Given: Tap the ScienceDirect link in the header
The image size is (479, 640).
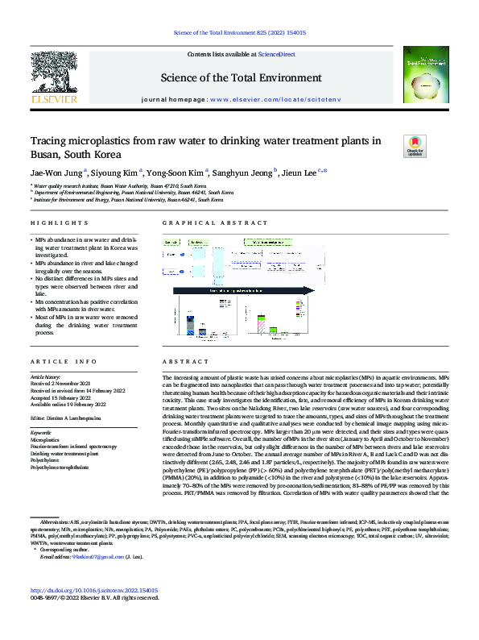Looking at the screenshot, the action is click(276, 54).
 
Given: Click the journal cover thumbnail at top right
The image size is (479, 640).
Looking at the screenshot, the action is click(423, 77).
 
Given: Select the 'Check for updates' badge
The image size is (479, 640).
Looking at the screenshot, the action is click(415, 146).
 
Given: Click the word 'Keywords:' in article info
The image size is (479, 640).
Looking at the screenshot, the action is click(40, 433).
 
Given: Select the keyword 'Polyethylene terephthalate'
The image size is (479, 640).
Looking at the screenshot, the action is click(65, 467).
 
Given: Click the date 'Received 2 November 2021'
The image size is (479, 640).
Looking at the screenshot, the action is click(62, 384).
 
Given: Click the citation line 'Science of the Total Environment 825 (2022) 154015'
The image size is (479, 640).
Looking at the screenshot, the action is click(238, 33).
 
